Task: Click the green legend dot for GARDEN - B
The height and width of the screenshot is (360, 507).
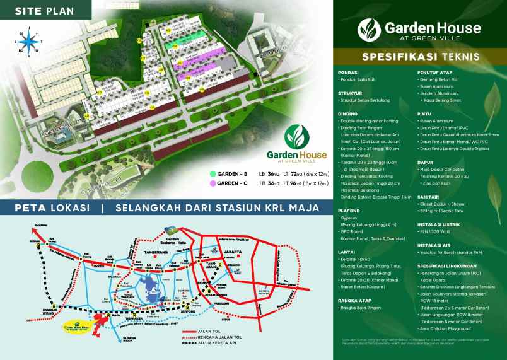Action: [213, 173]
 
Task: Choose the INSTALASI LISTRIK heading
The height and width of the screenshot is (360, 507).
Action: [439, 221]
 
